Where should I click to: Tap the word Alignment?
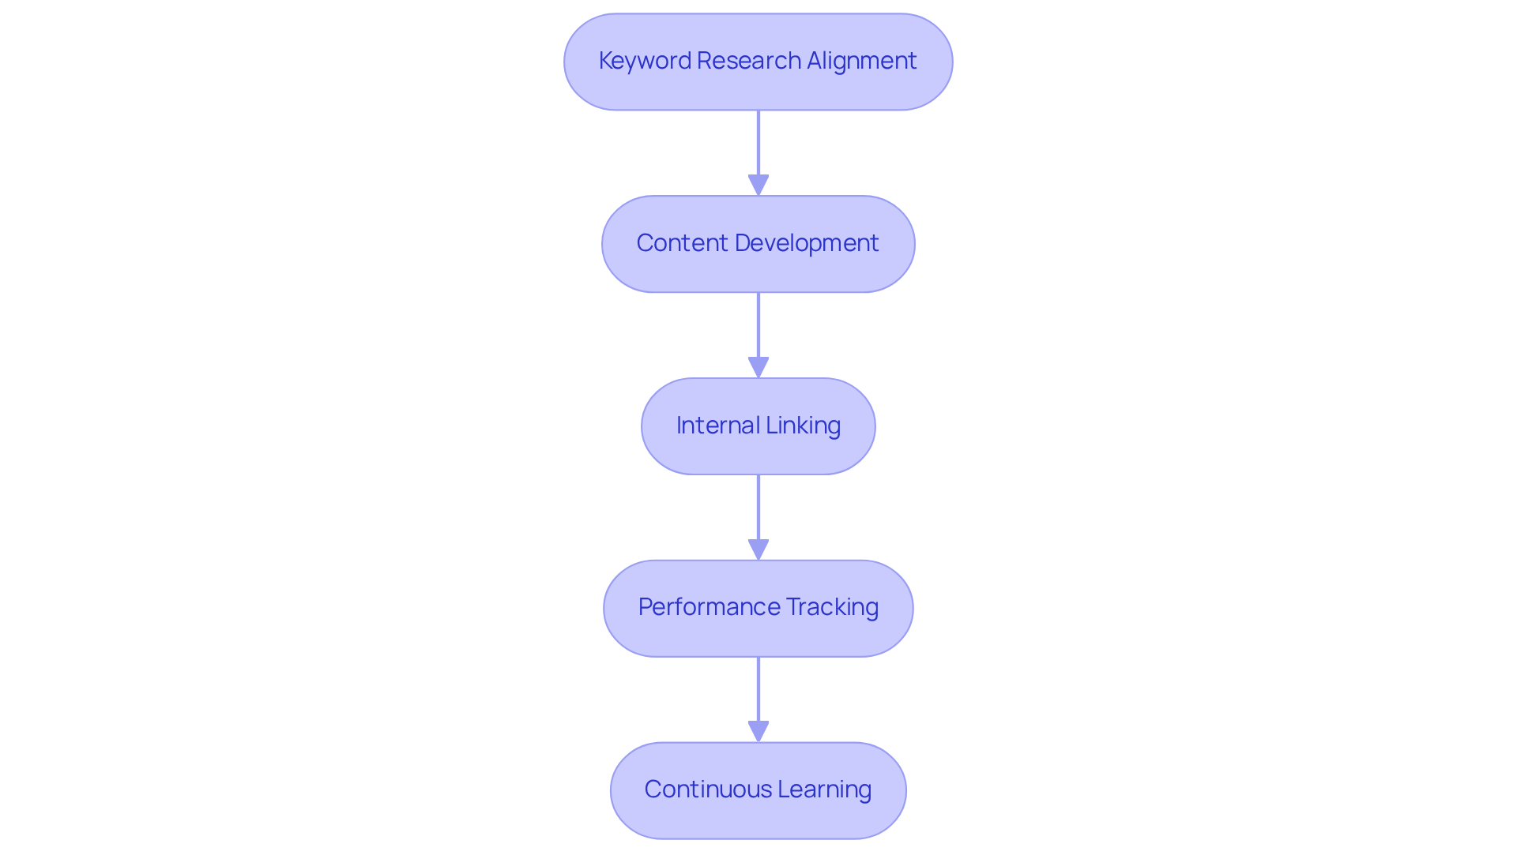point(861,61)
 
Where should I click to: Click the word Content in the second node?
point(682,243)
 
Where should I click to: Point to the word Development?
point(807,243)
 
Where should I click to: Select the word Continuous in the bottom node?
point(707,789)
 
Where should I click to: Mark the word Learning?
point(824,789)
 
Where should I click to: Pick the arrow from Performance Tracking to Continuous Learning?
point(758,690)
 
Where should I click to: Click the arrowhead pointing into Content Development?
point(758,186)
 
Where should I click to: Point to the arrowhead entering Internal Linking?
point(758,368)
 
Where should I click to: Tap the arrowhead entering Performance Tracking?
point(758,550)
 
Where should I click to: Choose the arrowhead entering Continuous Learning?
point(758,732)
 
